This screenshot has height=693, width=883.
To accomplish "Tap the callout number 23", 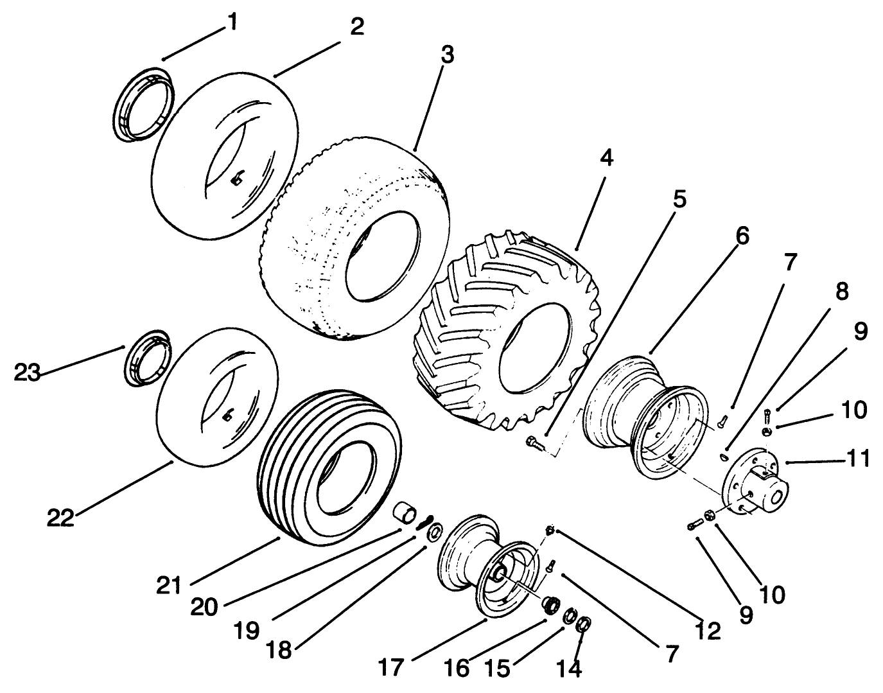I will pos(28,373).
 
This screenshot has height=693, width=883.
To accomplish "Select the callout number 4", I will pos(607,157).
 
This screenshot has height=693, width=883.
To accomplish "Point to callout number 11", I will pos(857,459).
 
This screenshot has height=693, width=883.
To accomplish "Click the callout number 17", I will pos(391,666).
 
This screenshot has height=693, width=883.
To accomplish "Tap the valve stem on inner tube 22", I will pos(227,417).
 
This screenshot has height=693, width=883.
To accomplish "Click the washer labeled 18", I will pos(435,532).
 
